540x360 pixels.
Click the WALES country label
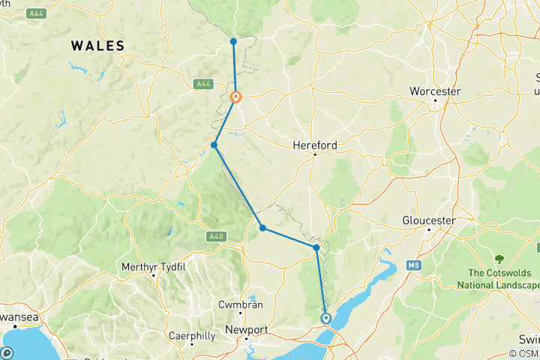[97, 46]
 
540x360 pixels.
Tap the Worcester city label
[434, 91]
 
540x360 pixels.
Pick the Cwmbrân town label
[237, 305]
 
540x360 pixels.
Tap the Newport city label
[247, 330]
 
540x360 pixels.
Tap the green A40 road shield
[214, 237]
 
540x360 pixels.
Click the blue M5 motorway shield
[412, 265]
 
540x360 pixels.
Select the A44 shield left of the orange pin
[202, 83]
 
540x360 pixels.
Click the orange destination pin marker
[235, 97]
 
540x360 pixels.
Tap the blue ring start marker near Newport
[325, 318]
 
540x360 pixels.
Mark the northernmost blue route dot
[233, 41]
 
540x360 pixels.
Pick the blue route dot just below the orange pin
[214, 145]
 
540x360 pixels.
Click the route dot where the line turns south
[316, 247]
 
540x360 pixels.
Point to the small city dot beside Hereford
[315, 154]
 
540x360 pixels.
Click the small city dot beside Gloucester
[428, 229]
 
